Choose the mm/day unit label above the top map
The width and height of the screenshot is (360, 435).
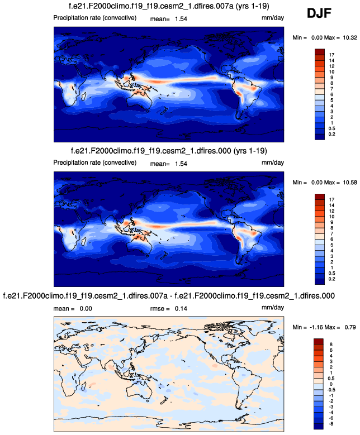tap(273, 19)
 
